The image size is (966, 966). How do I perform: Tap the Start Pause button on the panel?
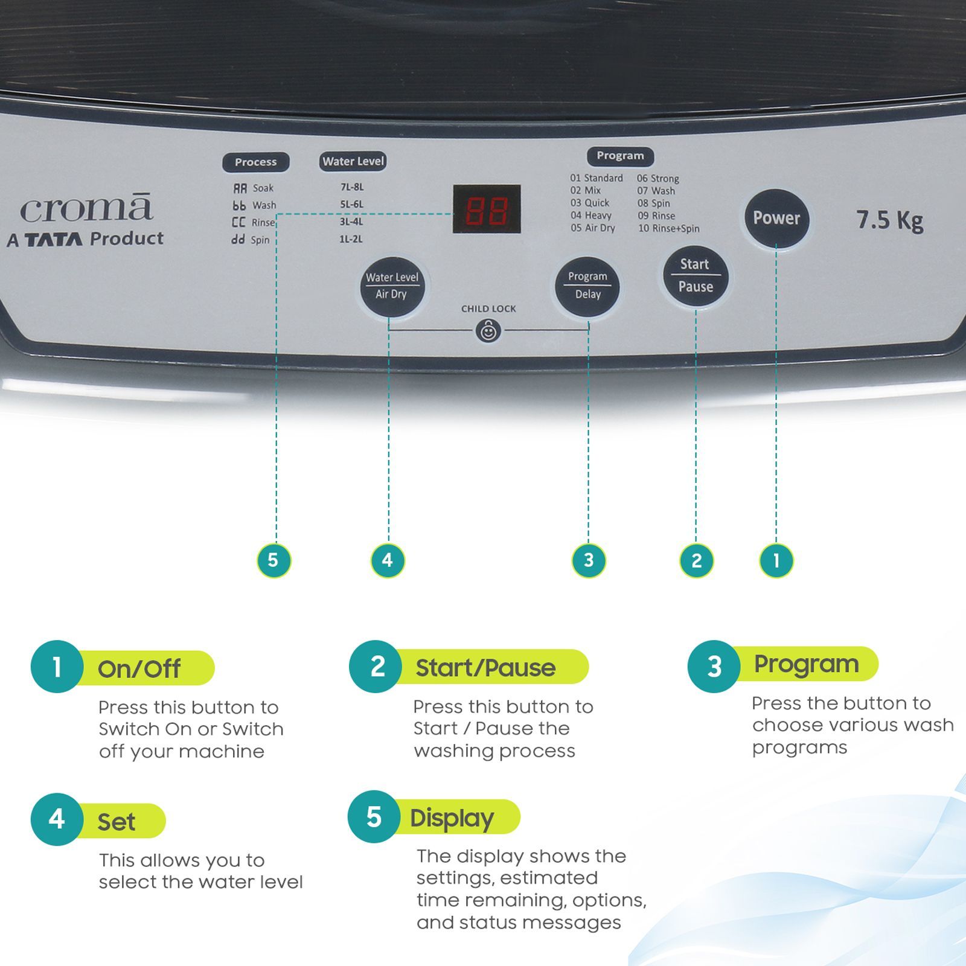(696, 276)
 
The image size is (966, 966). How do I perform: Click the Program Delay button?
(587, 286)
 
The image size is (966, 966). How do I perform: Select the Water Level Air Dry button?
(392, 286)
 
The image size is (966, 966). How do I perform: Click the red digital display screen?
(487, 209)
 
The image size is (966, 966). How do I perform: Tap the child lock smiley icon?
(488, 331)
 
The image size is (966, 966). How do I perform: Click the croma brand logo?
(86, 209)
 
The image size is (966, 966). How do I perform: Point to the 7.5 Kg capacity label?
(889, 220)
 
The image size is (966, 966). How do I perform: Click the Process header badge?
(255, 162)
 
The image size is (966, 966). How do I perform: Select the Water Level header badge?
(353, 161)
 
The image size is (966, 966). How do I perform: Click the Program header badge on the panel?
(620, 156)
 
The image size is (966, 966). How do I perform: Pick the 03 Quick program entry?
(590, 203)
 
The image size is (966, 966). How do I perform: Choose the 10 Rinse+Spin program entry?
(668, 228)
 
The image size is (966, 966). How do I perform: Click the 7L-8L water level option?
(352, 187)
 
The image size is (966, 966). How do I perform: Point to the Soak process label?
(263, 188)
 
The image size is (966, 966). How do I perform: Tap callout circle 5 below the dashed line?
(273, 560)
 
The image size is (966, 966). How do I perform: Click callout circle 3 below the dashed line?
(589, 560)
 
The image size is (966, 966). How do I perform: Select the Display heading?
(452, 818)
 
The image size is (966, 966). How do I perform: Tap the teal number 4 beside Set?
(57, 819)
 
